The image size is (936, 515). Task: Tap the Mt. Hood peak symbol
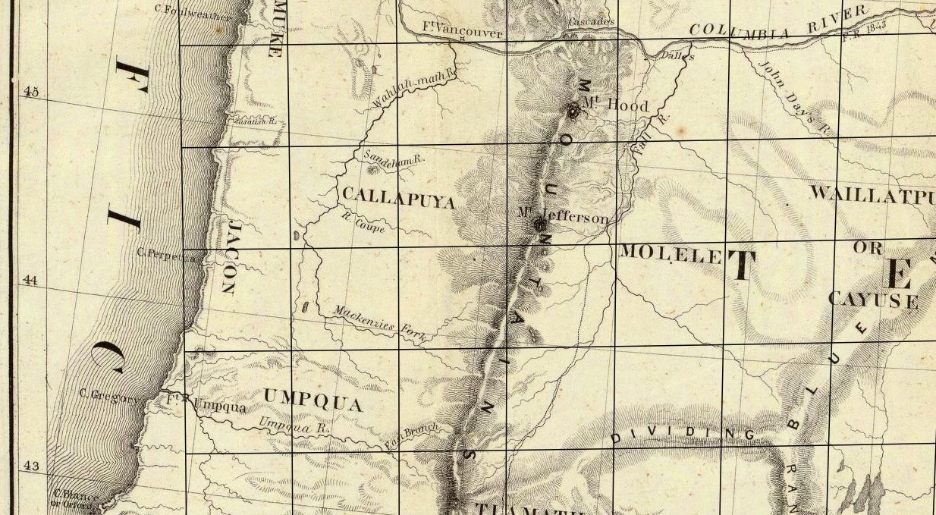[x=573, y=111]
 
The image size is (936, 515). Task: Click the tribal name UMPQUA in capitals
[x=313, y=399]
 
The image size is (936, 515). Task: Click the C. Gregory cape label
[x=109, y=394]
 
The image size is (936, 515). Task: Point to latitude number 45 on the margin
[x=31, y=92]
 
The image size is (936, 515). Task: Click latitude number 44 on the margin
[x=31, y=280]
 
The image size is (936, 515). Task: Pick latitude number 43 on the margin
[x=31, y=466]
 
